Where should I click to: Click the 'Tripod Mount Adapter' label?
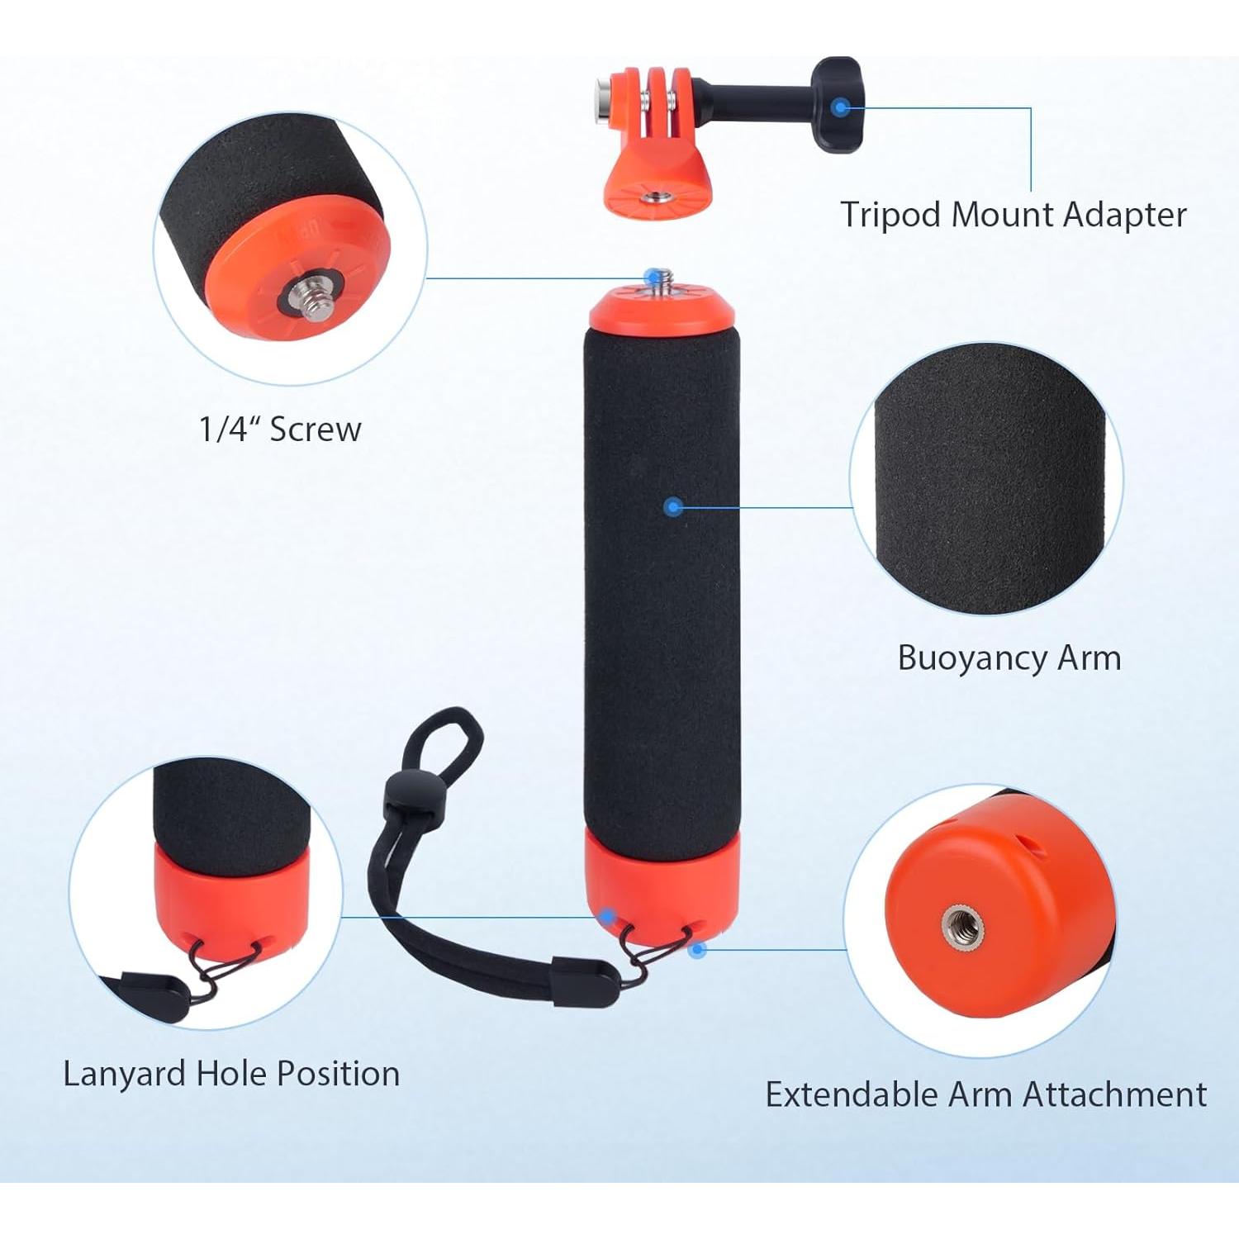pyautogui.click(x=1014, y=215)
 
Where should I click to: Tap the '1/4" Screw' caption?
pyautogui.click(x=280, y=430)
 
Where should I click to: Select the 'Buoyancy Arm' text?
pyautogui.click(x=1009, y=658)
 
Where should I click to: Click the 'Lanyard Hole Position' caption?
pyautogui.click(x=231, y=1074)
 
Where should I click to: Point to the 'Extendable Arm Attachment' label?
pyautogui.click(x=986, y=1094)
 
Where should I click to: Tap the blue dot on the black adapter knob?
pyautogui.click(x=841, y=107)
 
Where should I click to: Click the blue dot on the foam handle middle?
pyautogui.click(x=674, y=506)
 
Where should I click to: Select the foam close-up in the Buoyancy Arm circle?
pyautogui.click(x=987, y=479)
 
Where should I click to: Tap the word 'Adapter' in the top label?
pyautogui.click(x=1124, y=215)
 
